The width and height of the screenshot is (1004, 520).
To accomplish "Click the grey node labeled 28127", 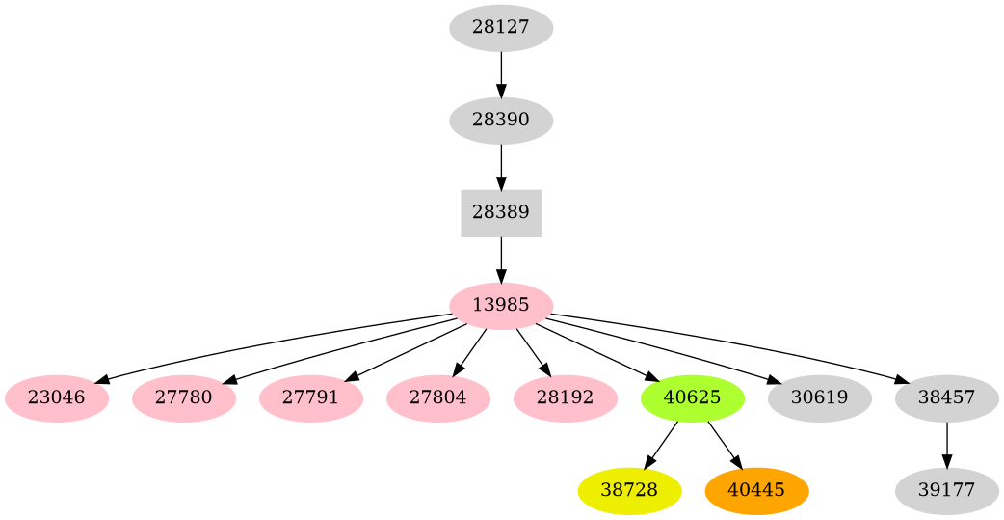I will pyautogui.click(x=501, y=28).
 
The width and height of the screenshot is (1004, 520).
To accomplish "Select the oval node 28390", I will pyautogui.click(x=501, y=121).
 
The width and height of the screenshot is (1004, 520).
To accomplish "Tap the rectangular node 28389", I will pyautogui.click(x=501, y=213).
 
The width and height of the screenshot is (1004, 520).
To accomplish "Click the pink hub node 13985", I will pyautogui.click(x=501, y=306).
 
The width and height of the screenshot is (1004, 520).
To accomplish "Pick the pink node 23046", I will pyautogui.click(x=56, y=398).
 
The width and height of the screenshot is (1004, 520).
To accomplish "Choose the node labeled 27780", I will pyautogui.click(x=183, y=398).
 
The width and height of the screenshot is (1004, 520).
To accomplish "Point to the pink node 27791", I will pyautogui.click(x=310, y=398).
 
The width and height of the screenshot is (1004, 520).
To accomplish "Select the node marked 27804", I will pyautogui.click(x=437, y=398).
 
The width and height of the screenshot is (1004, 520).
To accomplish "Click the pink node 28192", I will pyautogui.click(x=565, y=398).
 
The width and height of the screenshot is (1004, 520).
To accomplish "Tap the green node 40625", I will pyautogui.click(x=692, y=398).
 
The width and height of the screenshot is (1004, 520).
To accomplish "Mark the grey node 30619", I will pyautogui.click(x=819, y=398).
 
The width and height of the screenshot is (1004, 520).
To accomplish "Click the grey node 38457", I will pyautogui.click(x=946, y=398).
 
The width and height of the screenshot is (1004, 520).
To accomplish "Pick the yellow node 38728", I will pyautogui.click(x=629, y=491).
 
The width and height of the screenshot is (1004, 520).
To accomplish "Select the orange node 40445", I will pyautogui.click(x=756, y=491).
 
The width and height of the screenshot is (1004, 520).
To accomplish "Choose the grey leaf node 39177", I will pyautogui.click(x=946, y=491).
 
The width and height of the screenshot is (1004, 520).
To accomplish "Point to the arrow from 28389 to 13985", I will pyautogui.click(x=501, y=260).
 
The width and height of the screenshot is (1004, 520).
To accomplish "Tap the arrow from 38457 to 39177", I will pyautogui.click(x=946, y=445).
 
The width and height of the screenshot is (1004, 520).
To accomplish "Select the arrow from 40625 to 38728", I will pyautogui.click(x=661, y=445).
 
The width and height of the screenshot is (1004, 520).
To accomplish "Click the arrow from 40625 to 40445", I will pyautogui.click(x=724, y=445).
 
